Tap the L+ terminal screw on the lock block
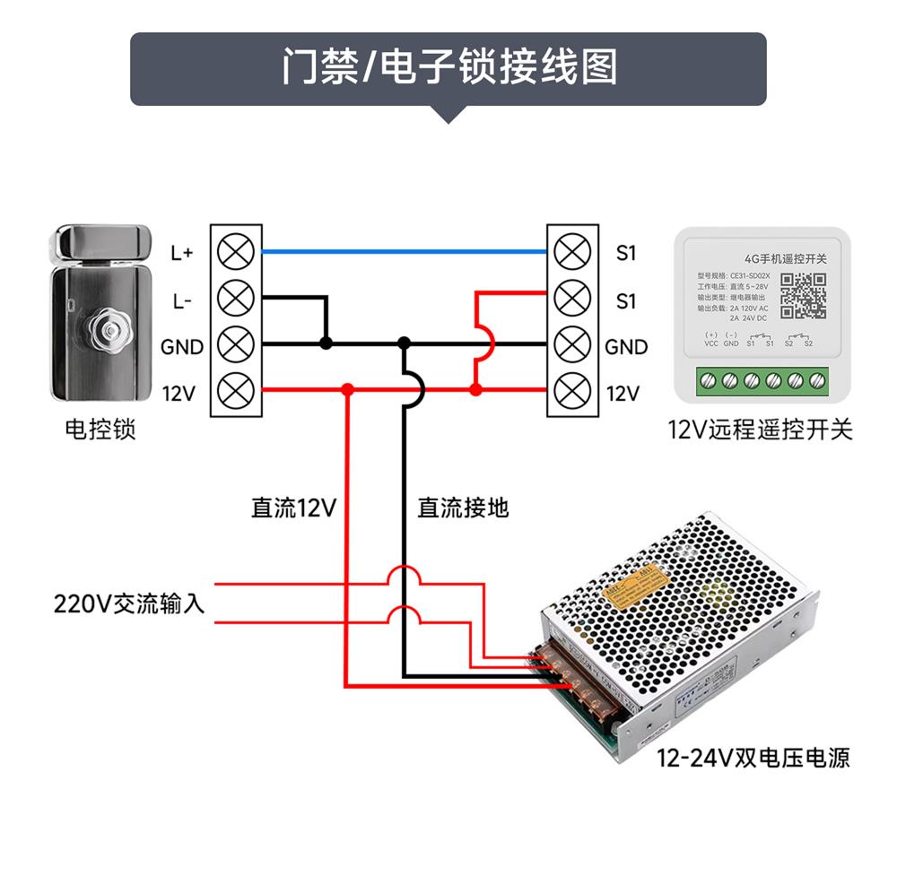tap(236, 252)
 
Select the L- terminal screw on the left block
tap(236, 297)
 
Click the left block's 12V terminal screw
tap(236, 390)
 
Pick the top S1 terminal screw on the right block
tap(571, 252)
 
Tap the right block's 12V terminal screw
tap(571, 390)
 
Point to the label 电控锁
tap(100, 430)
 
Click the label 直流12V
tap(293, 508)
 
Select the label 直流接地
tap(463, 508)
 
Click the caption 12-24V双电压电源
tap(753, 759)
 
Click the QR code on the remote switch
tap(803, 296)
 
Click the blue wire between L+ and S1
tap(404, 253)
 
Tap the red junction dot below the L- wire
tap(347, 389)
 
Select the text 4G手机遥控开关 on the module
tap(779, 258)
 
